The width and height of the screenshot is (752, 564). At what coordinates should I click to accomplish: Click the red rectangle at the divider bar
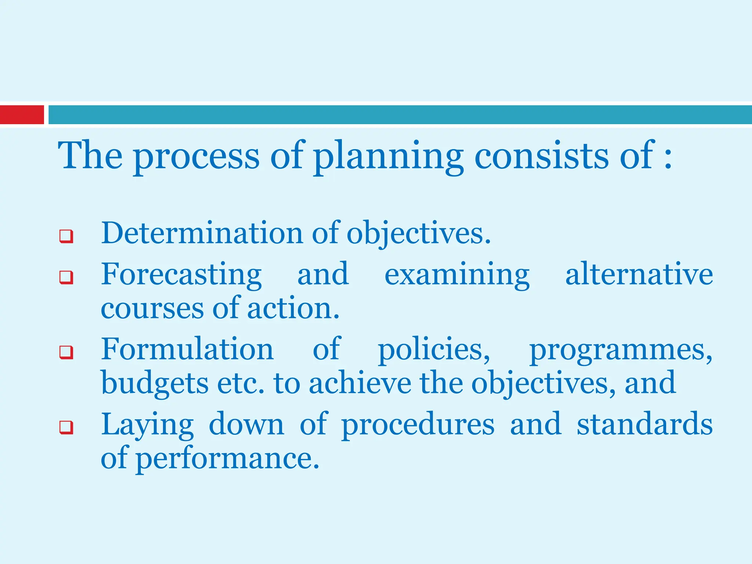pyautogui.click(x=22, y=115)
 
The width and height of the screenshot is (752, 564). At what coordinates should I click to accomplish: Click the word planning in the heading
pyautogui.click(x=388, y=156)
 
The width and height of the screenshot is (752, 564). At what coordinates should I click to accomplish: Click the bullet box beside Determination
pyautogui.click(x=66, y=236)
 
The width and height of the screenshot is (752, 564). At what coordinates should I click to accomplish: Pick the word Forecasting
pyautogui.click(x=181, y=275)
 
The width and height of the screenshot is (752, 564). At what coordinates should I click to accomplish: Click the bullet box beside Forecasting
pyautogui.click(x=66, y=277)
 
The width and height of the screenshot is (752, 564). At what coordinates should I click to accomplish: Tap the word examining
pyautogui.click(x=457, y=275)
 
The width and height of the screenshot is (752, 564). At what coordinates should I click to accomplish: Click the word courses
pyautogui.click(x=152, y=308)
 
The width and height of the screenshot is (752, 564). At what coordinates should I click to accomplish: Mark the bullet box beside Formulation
pyautogui.click(x=66, y=352)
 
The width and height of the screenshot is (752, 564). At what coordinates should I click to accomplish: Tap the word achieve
pyautogui.click(x=360, y=383)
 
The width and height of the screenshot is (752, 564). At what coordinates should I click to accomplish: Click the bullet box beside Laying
pyautogui.click(x=66, y=427)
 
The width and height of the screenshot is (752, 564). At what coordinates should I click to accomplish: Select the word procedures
pyautogui.click(x=418, y=425)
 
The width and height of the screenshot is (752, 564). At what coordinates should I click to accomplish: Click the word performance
pyautogui.click(x=228, y=459)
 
